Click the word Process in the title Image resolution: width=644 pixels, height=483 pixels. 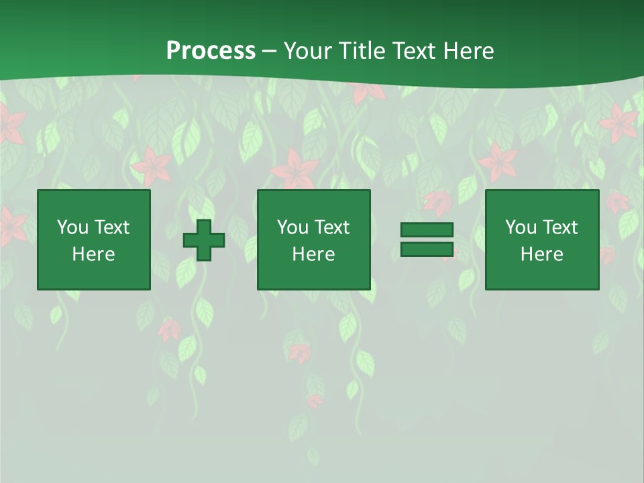pyautogui.click(x=211, y=51)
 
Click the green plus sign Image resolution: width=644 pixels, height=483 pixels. pyautogui.click(x=204, y=240)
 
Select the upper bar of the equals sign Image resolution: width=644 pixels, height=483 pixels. pyautogui.click(x=427, y=229)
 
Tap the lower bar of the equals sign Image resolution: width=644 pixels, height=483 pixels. pyautogui.click(x=427, y=250)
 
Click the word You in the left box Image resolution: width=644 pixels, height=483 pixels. pyautogui.click(x=72, y=227)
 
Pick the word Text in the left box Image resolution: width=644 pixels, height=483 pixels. pyautogui.click(x=111, y=227)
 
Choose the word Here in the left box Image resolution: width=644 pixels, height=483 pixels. pyautogui.click(x=93, y=254)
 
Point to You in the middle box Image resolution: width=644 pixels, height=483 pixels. pyautogui.click(x=292, y=227)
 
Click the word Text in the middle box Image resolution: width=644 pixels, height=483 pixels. pyautogui.click(x=331, y=227)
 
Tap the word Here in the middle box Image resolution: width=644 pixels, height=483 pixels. pyautogui.click(x=313, y=254)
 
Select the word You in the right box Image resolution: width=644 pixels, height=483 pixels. pyautogui.click(x=521, y=227)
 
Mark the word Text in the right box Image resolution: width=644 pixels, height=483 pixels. pyautogui.click(x=559, y=227)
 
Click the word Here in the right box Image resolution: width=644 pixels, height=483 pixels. pyautogui.click(x=541, y=254)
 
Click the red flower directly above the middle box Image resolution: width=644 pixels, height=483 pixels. pyautogui.click(x=295, y=170)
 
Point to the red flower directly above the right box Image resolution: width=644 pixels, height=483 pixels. pyautogui.click(x=498, y=162)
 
